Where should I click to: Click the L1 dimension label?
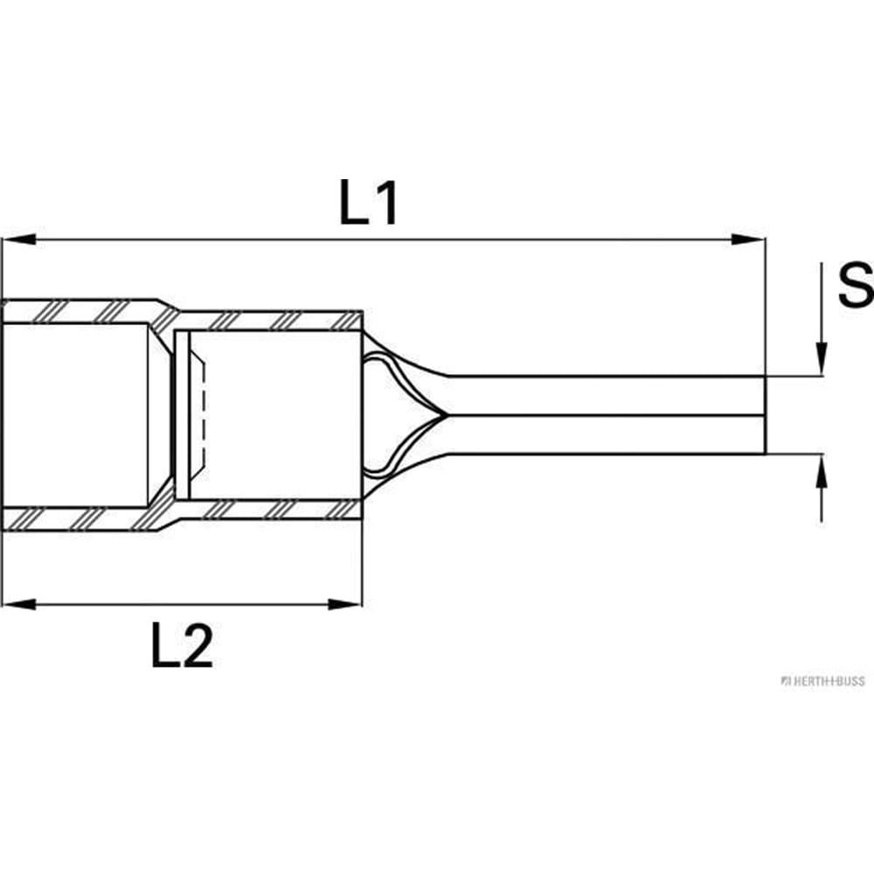369,203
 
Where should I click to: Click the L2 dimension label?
183,646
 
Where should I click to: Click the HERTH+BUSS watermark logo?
822,681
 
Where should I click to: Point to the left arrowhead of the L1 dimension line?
18,239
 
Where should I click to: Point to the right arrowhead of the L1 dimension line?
748,239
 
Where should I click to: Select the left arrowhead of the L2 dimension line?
18,604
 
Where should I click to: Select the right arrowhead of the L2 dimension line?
345,604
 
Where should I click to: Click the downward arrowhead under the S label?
822,359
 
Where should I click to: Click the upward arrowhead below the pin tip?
822,472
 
